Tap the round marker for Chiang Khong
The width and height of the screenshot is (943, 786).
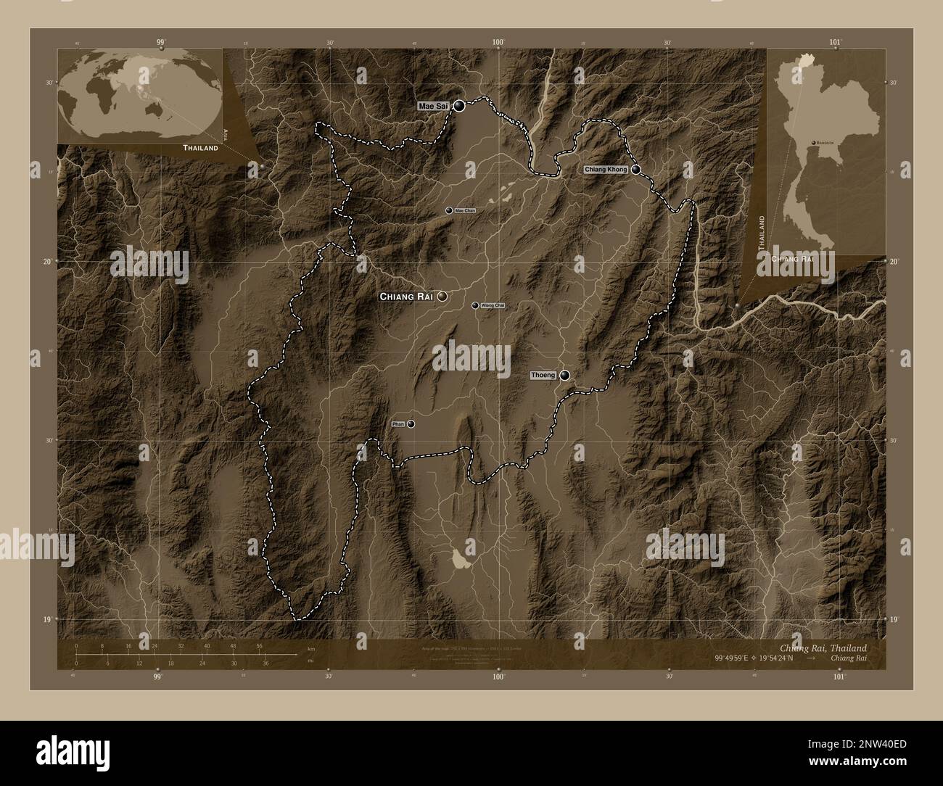636,170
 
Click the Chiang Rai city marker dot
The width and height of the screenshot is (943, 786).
441,297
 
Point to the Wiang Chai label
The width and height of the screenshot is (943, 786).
493,306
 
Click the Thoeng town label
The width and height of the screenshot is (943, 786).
543,375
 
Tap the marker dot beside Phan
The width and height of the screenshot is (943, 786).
411,424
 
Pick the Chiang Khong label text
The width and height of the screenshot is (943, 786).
606,170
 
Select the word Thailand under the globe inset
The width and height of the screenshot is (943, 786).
200,148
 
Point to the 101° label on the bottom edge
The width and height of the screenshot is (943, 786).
839,677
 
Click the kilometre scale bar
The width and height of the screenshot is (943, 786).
185,653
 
